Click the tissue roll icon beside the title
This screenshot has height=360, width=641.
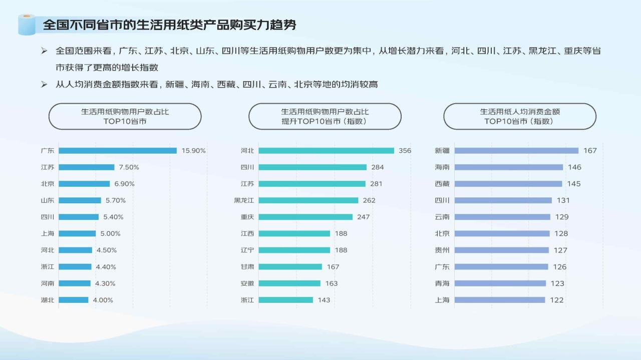click(x=27, y=25)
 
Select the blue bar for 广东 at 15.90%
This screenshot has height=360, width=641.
click(x=118, y=151)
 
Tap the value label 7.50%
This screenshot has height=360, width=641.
click(x=129, y=167)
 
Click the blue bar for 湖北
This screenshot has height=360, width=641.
click(x=74, y=300)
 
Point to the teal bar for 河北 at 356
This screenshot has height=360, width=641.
click(x=326, y=151)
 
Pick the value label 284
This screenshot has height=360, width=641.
click(x=378, y=167)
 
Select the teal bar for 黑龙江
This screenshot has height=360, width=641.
click(x=308, y=200)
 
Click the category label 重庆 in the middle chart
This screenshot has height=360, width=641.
click(x=247, y=217)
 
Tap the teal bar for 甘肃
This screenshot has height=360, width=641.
click(x=290, y=267)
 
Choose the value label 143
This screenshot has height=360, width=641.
click(x=324, y=300)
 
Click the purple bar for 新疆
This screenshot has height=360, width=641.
click(x=516, y=151)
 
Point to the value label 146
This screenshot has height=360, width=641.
click(x=574, y=167)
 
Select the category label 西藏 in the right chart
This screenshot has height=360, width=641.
click(x=442, y=184)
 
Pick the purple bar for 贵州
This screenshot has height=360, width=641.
click(x=502, y=250)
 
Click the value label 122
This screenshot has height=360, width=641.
click(x=556, y=300)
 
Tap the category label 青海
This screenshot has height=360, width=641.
click(x=442, y=283)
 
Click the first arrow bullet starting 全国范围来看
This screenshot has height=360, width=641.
click(x=44, y=51)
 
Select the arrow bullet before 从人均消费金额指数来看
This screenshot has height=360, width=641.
click(x=44, y=85)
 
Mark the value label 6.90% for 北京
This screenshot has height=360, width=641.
click(x=124, y=184)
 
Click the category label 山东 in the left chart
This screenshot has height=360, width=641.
click(x=48, y=200)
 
